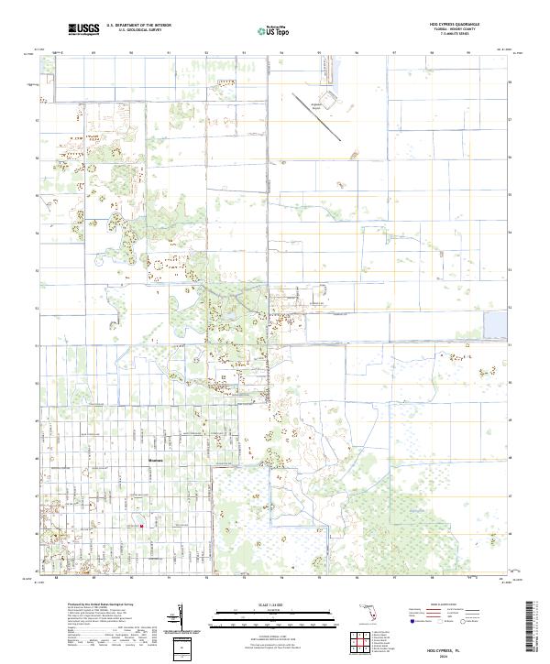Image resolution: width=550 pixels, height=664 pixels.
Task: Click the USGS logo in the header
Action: (84, 29)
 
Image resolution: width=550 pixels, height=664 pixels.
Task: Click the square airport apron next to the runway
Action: (324, 100)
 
